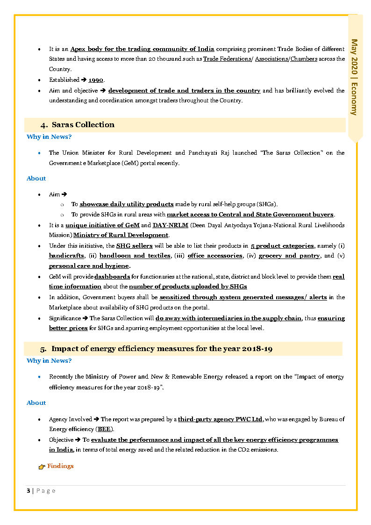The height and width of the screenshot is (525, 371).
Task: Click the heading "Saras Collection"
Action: point(83,125)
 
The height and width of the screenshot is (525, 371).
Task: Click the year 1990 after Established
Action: point(96,80)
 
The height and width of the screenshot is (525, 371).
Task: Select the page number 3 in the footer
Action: point(28,490)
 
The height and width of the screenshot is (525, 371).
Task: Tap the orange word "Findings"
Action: point(60,466)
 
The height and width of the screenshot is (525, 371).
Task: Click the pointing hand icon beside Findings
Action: point(42,467)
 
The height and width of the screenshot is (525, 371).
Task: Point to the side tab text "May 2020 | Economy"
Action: point(355,77)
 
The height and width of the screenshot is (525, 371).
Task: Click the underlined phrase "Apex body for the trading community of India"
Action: point(142,49)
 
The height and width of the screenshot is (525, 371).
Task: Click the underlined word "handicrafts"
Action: point(66,256)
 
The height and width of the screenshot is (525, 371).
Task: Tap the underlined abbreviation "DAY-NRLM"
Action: point(167,225)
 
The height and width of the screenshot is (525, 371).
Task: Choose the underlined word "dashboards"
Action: point(112,277)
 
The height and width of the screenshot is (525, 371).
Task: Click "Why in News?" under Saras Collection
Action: point(49,137)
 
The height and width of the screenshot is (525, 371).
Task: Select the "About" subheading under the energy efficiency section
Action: point(36,403)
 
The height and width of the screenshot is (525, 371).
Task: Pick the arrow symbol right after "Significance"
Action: point(85,318)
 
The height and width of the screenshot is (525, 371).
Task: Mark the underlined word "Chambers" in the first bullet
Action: point(304,59)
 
